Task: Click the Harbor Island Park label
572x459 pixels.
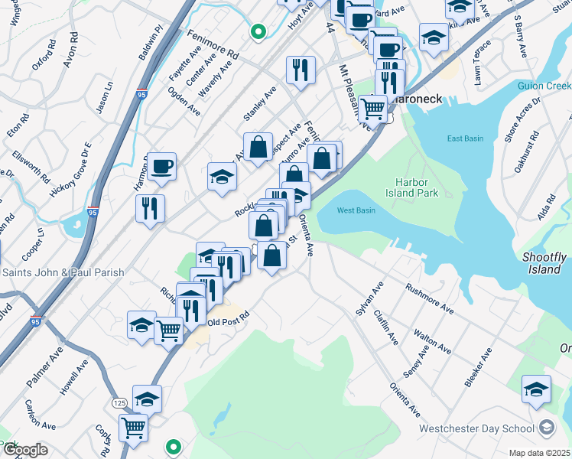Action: (417, 187)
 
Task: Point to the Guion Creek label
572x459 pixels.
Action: (544, 86)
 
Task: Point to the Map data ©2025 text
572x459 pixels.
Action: (540, 453)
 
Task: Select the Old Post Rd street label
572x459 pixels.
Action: (229, 322)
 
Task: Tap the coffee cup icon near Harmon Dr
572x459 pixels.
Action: (162, 166)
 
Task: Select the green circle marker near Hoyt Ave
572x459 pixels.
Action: (258, 32)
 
